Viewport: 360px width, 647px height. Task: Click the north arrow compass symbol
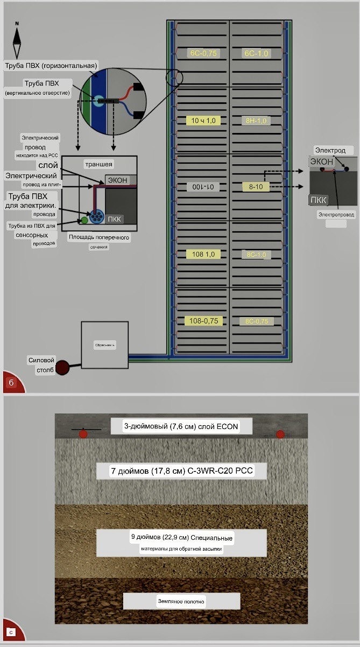coord(17,40)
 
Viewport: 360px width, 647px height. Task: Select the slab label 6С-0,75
coord(203,53)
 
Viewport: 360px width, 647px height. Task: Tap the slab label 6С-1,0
coord(256,53)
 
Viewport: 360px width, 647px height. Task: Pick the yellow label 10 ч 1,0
coord(203,121)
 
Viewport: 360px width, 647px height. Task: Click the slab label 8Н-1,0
coord(256,121)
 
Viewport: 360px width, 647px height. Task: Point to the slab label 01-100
coord(203,187)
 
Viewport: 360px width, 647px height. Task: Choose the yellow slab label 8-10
coord(256,187)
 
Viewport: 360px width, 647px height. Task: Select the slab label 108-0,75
coord(203,321)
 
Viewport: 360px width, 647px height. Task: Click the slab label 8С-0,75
coord(256,321)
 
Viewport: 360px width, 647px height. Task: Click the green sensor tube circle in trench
coord(84,220)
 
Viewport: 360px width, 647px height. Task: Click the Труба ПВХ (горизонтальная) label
coord(51,65)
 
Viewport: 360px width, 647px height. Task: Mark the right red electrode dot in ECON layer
coord(280,434)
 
